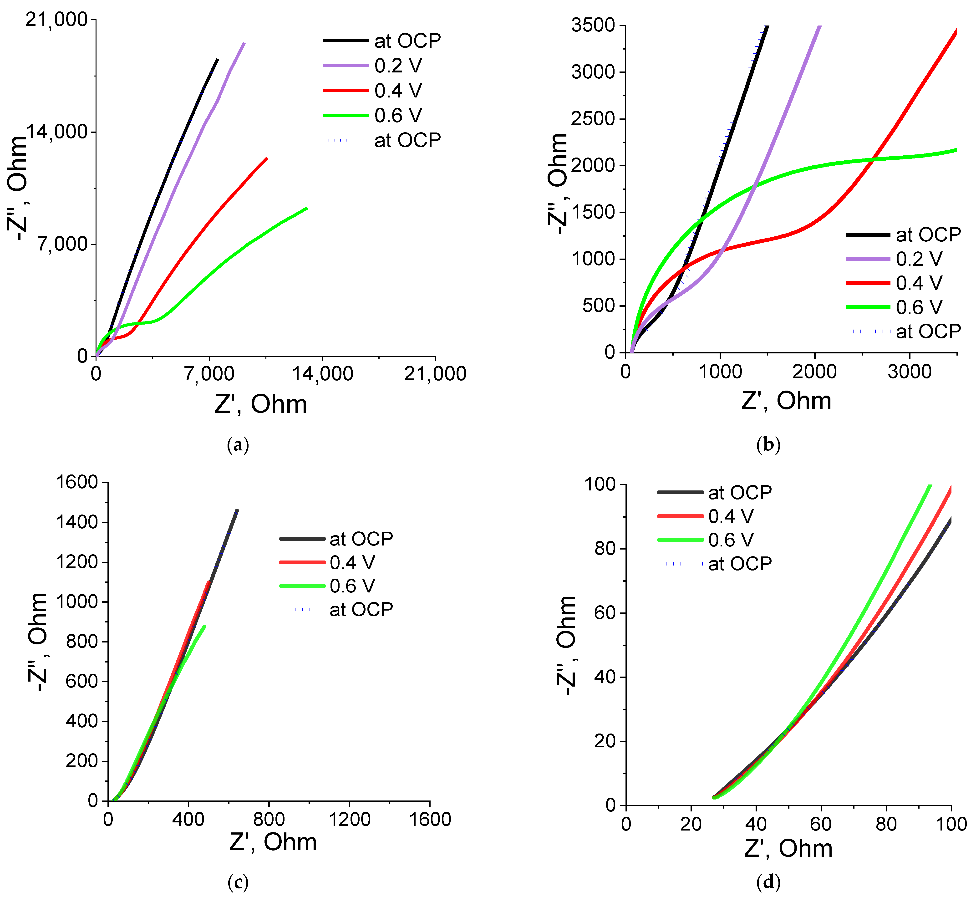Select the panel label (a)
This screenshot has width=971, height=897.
pos(238,445)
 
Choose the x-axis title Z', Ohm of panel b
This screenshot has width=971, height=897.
pos(786,401)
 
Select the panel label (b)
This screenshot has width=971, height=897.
pos(768,445)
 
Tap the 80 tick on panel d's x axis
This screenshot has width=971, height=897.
pos(886,824)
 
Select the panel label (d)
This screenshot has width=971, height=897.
pos(768,882)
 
